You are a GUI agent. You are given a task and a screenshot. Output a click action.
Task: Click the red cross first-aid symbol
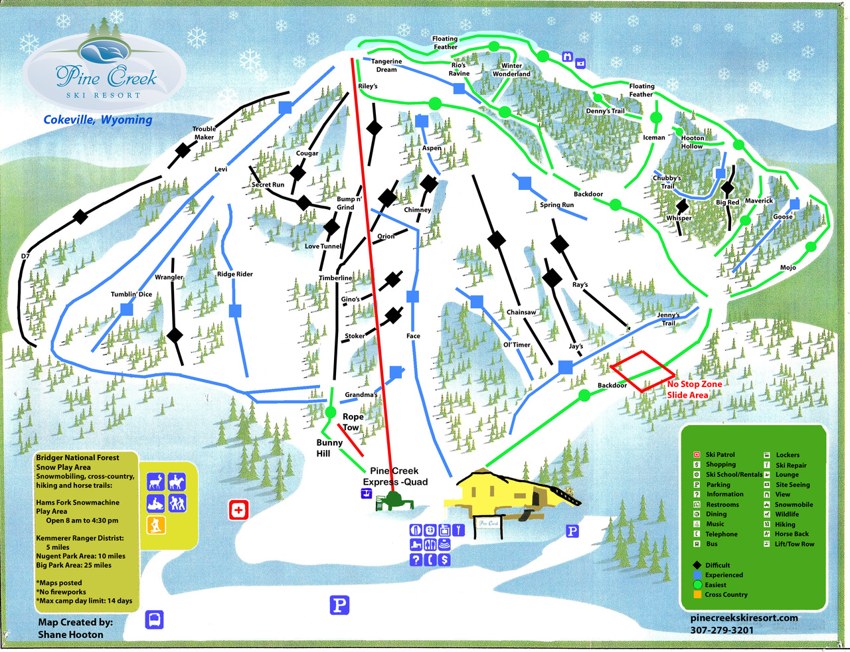pos(238,510)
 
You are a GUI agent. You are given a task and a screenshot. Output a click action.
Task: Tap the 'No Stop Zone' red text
pos(694,384)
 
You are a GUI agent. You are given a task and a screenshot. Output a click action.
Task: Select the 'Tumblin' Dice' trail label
pos(131,294)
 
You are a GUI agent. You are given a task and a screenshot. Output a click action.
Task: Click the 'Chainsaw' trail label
pos(521,312)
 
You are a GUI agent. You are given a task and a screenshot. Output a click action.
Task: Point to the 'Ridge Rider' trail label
pos(234,274)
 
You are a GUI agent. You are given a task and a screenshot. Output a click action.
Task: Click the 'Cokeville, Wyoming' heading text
pos(98,120)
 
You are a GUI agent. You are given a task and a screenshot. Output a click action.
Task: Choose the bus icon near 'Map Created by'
pos(154,620)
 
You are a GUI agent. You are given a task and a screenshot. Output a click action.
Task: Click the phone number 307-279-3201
pos(722,630)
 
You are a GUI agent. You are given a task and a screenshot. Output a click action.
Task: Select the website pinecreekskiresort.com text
pos(744,617)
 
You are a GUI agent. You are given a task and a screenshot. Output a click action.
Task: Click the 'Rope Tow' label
pos(352,422)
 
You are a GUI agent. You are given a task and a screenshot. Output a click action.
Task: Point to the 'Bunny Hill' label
pos(329,448)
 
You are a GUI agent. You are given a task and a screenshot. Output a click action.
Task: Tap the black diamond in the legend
pos(697,565)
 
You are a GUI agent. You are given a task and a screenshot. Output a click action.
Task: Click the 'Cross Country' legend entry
pos(726,595)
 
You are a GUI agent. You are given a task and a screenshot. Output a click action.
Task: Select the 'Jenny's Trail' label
pos(668,319)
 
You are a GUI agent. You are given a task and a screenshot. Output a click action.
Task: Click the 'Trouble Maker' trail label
pos(204,133)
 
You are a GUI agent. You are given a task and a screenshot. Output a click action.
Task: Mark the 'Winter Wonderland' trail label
pos(511,70)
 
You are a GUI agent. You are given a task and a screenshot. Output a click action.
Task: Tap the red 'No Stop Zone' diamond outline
pos(641,370)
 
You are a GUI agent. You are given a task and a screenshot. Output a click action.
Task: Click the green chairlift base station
pos(394,501)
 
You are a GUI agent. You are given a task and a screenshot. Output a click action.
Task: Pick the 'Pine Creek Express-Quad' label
pos(395,476)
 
